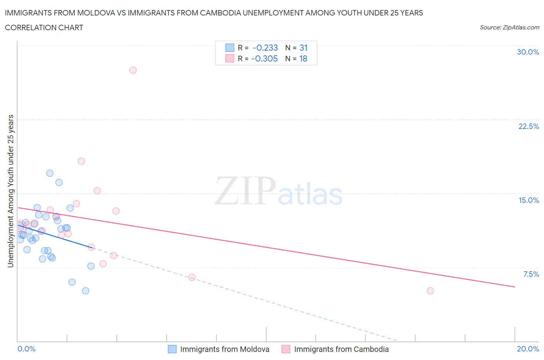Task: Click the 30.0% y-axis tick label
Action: [528, 52]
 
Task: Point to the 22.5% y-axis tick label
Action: [529, 126]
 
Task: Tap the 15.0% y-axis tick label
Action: [529, 200]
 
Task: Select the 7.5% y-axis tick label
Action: [531, 274]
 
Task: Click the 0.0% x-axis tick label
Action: [26, 349]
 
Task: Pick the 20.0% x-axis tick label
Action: [528, 349]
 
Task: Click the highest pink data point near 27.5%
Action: [133, 70]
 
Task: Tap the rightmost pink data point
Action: [430, 291]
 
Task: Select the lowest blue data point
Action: [86, 291]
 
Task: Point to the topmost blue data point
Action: [50, 173]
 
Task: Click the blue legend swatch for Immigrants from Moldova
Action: [172, 349]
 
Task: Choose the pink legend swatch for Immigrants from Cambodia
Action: [286, 349]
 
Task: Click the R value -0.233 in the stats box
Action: [265, 48]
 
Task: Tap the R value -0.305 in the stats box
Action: [264, 58]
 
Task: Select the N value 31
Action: [303, 48]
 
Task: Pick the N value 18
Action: [303, 58]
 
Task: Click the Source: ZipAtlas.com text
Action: [509, 27]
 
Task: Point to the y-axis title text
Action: [11, 191]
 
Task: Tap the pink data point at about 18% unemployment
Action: [81, 161]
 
